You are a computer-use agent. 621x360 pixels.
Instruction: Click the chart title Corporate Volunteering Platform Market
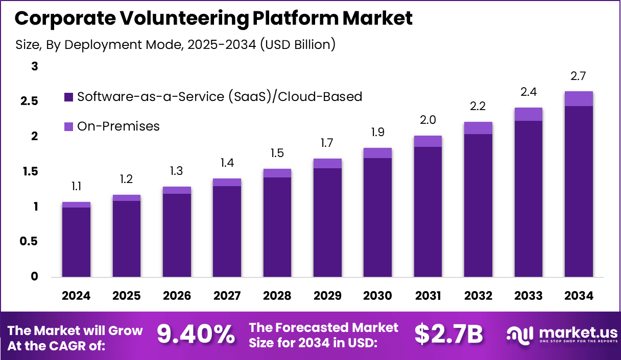pos(213,18)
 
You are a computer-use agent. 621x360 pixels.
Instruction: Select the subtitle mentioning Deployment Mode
pos(176,45)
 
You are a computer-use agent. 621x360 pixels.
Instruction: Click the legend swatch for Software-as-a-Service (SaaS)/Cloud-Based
pos(69,97)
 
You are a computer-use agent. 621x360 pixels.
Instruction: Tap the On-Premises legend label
pos(118,126)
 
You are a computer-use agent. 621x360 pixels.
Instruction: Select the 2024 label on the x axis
pos(76,296)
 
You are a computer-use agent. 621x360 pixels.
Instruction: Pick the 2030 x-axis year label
pos(377,296)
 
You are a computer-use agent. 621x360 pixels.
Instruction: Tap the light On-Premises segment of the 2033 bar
pos(528,114)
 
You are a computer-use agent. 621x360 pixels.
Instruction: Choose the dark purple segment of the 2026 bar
pos(177,235)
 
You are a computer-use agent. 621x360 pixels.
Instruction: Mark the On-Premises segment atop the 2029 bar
pos(327,164)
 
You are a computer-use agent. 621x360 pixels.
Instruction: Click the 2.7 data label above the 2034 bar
pos(579,76)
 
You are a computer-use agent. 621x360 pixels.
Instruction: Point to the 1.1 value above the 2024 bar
pos(76,187)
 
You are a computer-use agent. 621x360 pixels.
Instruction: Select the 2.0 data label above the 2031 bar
pos(427,120)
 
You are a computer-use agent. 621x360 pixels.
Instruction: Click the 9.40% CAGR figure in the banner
pos(196,335)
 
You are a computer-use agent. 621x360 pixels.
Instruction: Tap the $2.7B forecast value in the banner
pos(448,335)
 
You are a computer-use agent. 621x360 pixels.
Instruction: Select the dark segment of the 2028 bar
pos(277,227)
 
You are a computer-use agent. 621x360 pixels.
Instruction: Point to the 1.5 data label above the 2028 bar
pos(277,153)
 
